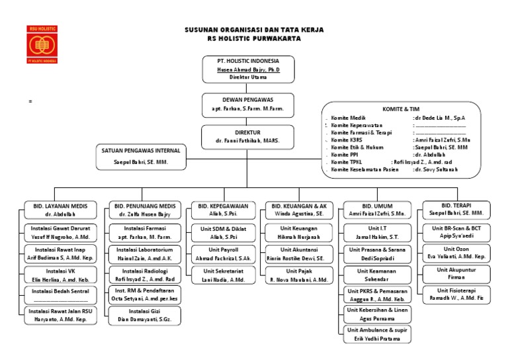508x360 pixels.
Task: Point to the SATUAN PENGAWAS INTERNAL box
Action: pyautogui.click(x=140, y=156)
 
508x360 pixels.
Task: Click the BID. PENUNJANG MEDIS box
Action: pyautogui.click(x=144, y=210)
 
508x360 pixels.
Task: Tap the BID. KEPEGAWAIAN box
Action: pyautogui.click(x=223, y=210)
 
